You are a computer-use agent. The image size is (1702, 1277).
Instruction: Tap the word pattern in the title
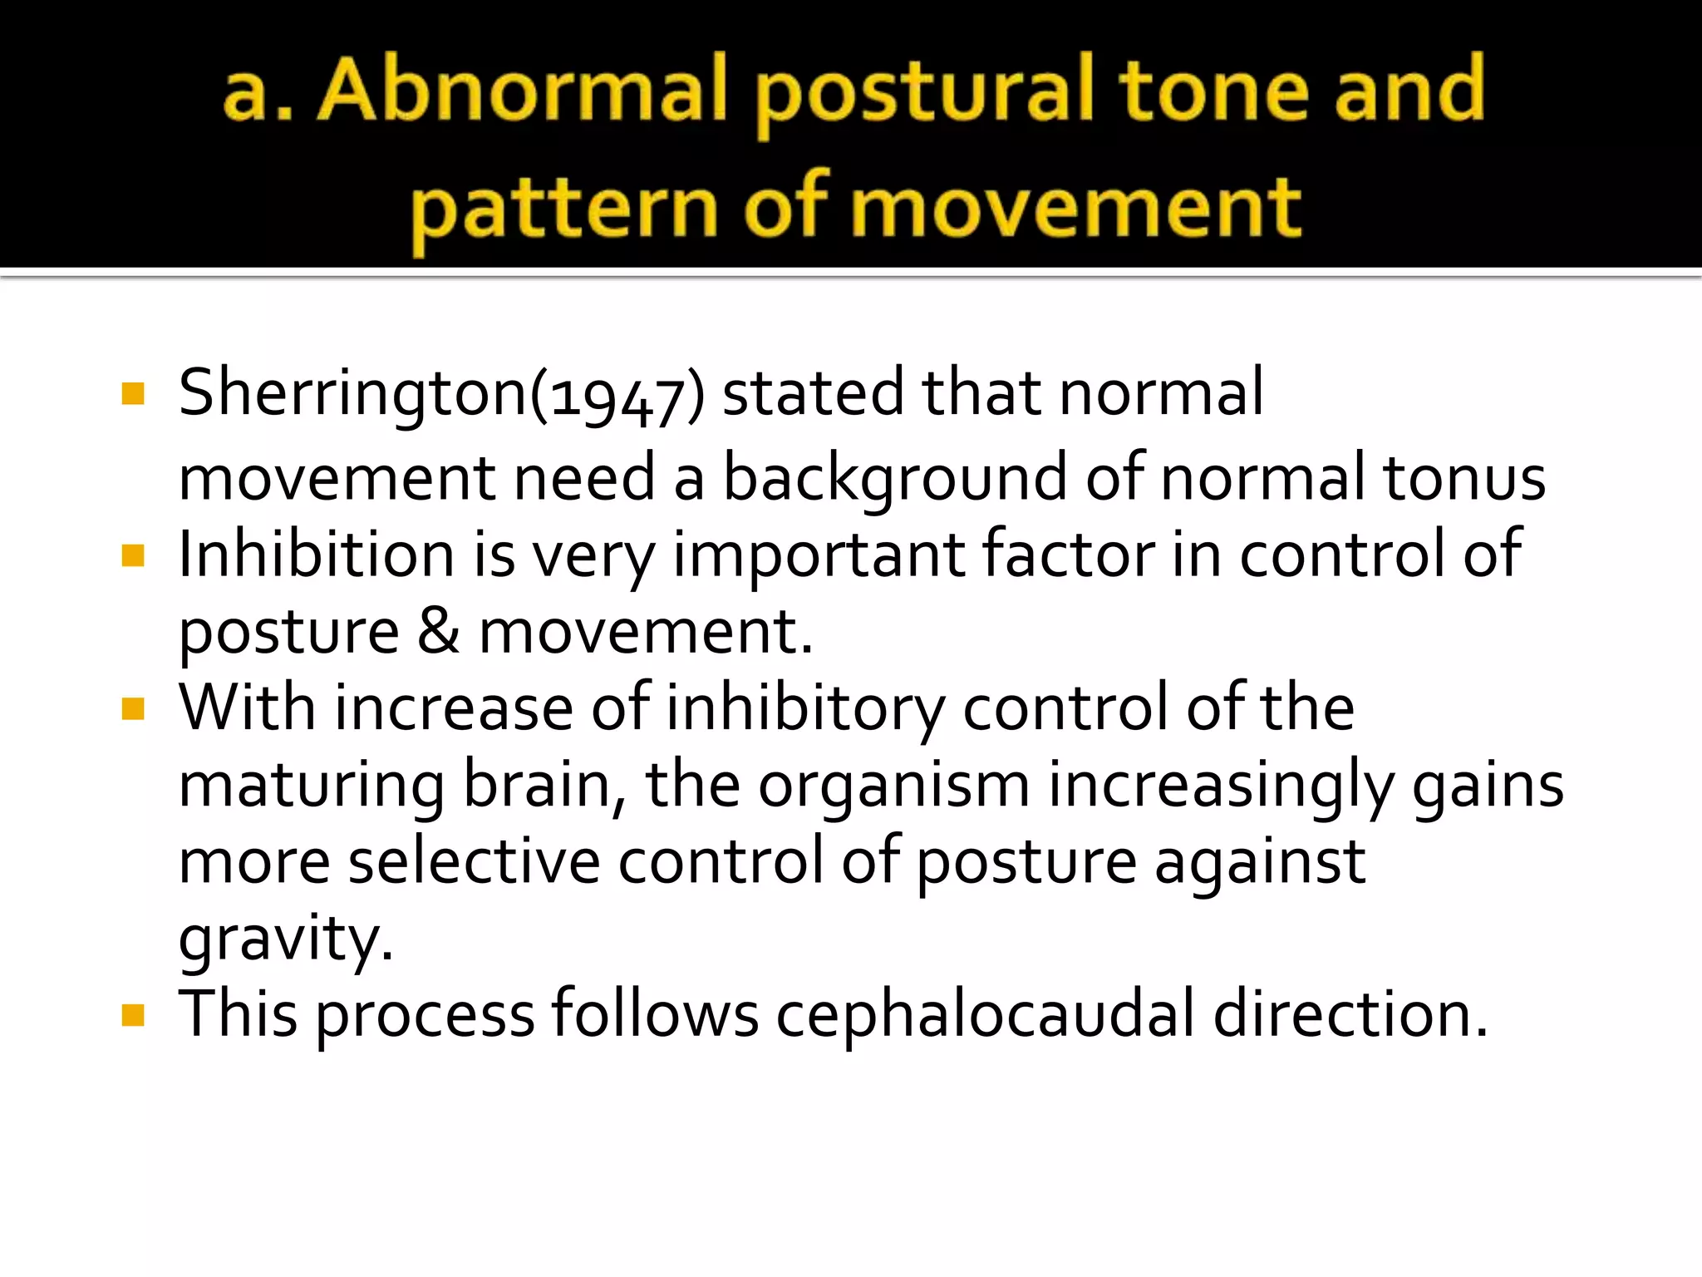pyautogui.click(x=564, y=208)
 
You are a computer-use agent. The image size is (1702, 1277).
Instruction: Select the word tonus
pyautogui.click(x=1463, y=479)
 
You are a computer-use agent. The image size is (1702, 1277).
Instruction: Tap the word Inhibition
pyautogui.click(x=316, y=555)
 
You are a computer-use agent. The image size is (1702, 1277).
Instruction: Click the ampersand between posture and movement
pyautogui.click(x=438, y=631)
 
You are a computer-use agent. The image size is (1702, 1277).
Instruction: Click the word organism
pyautogui.click(x=893, y=786)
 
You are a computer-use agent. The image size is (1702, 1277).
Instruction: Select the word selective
pyautogui.click(x=474, y=861)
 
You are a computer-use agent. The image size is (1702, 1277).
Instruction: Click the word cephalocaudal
pyautogui.click(x=985, y=1014)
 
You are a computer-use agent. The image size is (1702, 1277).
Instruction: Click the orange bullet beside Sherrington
pyautogui.click(x=133, y=393)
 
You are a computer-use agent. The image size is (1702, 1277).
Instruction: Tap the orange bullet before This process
pyautogui.click(x=133, y=1015)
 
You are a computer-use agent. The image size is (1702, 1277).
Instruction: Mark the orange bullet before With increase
pyautogui.click(x=133, y=708)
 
